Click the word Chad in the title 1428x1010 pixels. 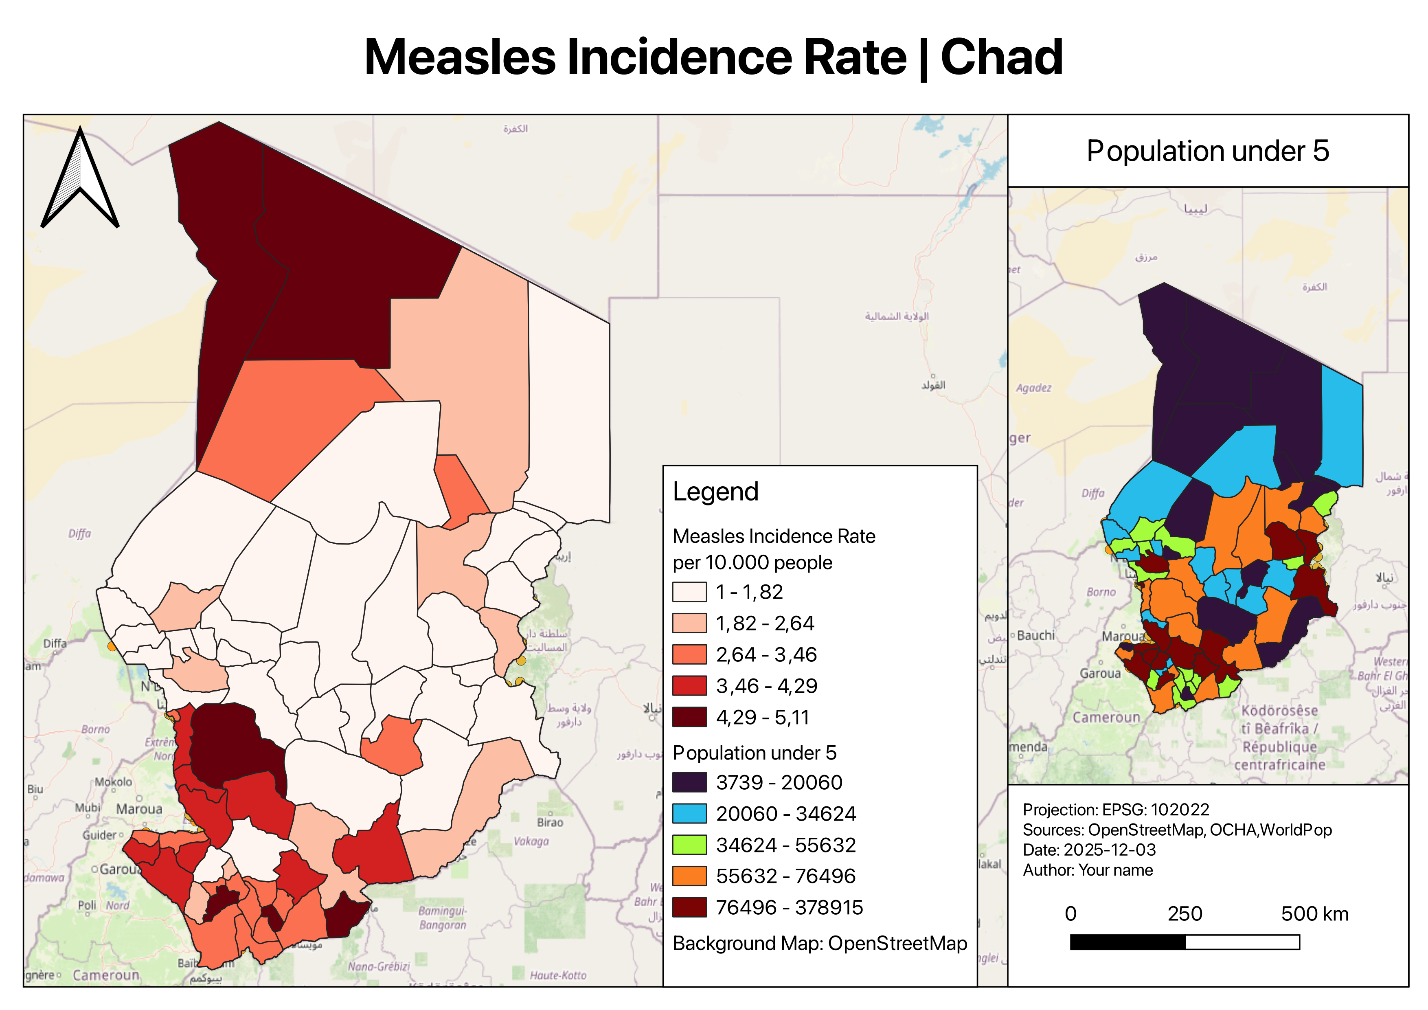(1001, 57)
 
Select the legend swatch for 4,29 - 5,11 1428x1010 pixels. (689, 717)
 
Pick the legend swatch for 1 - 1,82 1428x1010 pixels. (689, 591)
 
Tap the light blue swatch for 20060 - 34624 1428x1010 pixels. (689, 813)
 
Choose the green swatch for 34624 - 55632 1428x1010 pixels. (689, 845)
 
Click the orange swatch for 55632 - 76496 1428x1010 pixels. (689, 876)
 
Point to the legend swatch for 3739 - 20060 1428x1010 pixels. (689, 782)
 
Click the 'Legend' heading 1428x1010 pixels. (715, 491)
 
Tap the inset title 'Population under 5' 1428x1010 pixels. (1207, 151)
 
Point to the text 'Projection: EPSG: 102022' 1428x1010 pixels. (1116, 809)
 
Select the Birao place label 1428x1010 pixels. (550, 822)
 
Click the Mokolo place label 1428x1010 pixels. (113, 782)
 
